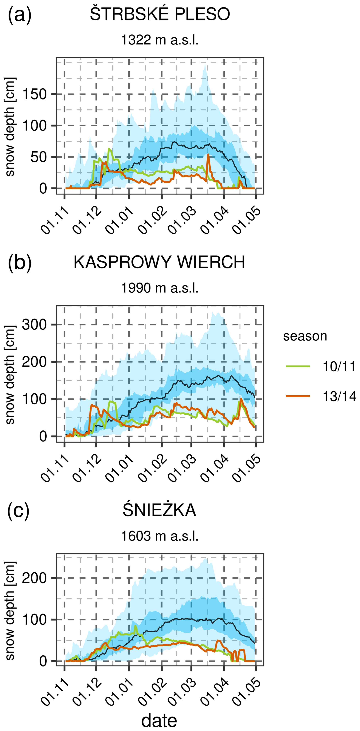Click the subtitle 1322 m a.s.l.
160,40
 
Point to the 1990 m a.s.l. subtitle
160,288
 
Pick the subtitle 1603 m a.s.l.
160,536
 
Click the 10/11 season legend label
339,367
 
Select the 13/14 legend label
339,396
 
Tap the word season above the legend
305,336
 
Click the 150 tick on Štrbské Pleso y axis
35,94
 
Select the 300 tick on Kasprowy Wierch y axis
35,325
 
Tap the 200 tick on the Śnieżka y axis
35,578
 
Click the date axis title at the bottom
159,721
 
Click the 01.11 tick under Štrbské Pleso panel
55,220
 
